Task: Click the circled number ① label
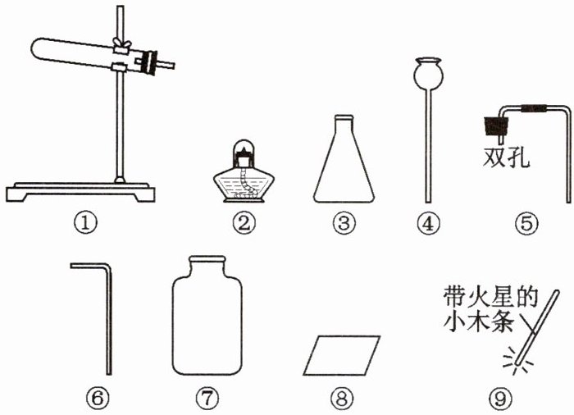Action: point(84,223)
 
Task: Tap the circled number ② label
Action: point(244,223)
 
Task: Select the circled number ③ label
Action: point(344,223)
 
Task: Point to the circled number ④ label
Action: point(428,223)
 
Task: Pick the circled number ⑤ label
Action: point(526,223)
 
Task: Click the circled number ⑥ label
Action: point(98,398)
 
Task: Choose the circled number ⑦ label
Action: point(207,398)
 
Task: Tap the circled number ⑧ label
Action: point(342,398)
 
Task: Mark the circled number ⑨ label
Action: point(501,398)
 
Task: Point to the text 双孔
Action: point(506,158)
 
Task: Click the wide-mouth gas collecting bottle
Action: point(207,316)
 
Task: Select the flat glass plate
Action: point(342,355)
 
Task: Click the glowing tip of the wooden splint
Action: point(517,363)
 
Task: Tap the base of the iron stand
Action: point(80,192)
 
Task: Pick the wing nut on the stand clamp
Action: point(121,43)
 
